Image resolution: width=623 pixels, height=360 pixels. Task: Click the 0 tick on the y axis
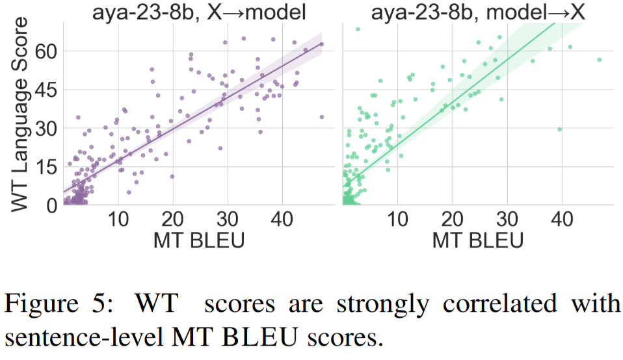click(x=53, y=205)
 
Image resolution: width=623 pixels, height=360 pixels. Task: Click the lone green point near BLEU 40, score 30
click(x=559, y=129)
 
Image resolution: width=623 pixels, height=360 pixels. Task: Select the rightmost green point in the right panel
click(x=600, y=60)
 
